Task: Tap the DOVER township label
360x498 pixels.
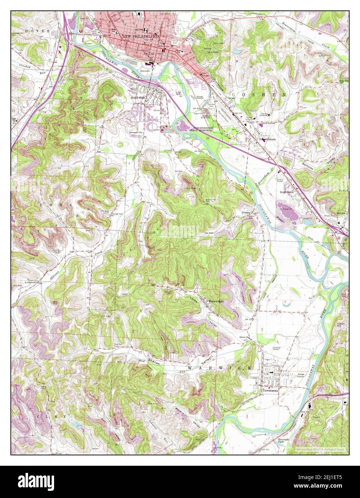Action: point(37,31)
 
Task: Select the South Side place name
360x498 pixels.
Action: point(137,97)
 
